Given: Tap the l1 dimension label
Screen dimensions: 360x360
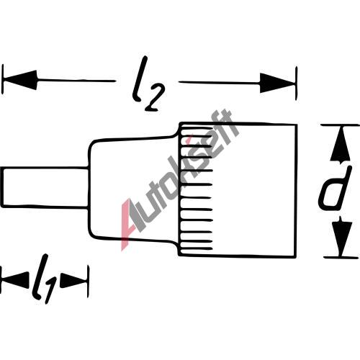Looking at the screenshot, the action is (x=45, y=279).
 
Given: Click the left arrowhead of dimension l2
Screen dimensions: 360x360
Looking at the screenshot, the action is (x=19, y=80).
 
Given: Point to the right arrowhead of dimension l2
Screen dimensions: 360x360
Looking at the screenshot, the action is (x=278, y=83).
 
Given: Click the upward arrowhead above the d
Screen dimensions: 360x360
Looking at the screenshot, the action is (x=340, y=145).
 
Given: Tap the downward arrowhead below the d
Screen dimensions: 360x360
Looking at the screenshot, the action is (x=342, y=238).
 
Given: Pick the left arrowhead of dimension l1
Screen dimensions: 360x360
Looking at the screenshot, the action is (x=15, y=280).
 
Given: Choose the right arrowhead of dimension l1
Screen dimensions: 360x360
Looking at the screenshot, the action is (x=73, y=280).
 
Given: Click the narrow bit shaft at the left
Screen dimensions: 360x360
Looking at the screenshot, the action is (x=45, y=187).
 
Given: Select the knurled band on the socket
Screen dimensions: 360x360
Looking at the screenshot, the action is (x=196, y=189).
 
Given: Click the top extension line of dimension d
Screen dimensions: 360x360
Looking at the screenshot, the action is (x=341, y=125).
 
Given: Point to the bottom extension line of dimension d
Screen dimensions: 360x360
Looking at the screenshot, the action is (x=341, y=257).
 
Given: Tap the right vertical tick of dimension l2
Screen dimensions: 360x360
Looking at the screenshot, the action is (x=297, y=83).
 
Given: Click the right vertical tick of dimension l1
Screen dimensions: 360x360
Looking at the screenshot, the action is (x=89, y=282).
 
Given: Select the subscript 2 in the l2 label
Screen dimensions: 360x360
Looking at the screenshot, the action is (x=155, y=99).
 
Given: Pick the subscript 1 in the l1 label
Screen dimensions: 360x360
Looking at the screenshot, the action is (x=50, y=290).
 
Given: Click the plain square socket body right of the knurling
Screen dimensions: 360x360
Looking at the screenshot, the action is (x=254, y=190).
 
